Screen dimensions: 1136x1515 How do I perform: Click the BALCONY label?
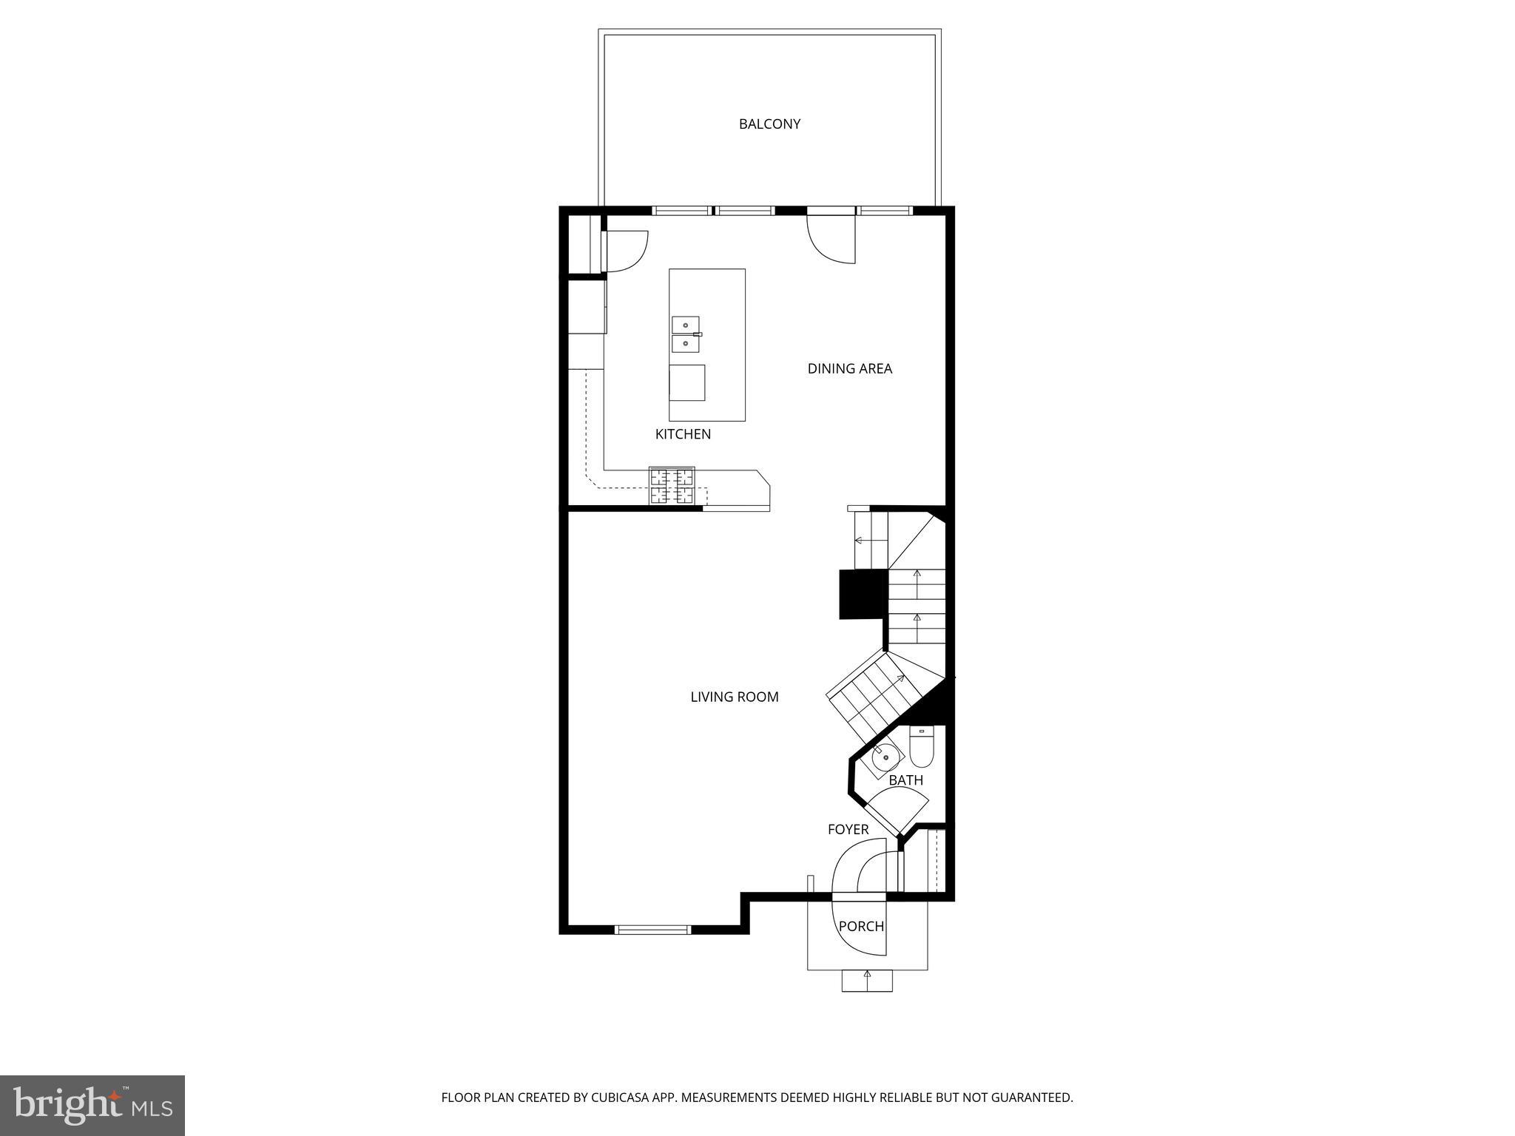coord(769,124)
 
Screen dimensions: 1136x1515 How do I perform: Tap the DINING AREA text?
coord(849,368)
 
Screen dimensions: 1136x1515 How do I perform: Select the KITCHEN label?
coord(683,434)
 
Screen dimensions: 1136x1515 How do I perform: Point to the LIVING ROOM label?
coord(734,697)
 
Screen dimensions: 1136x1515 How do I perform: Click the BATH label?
coord(905,780)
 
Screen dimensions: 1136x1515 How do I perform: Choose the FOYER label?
coord(848,830)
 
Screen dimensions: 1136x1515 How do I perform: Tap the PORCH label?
coord(861,926)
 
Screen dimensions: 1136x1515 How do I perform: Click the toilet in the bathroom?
coord(921,748)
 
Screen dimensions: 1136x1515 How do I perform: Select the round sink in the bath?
coord(885,757)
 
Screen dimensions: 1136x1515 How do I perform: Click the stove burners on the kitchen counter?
coord(672,486)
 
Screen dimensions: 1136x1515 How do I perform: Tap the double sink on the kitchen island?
coord(686,334)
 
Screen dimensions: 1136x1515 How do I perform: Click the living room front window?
coord(653,930)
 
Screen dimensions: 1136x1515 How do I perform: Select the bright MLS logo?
coord(92,1106)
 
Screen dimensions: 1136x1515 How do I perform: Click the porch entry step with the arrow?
coord(867,980)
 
